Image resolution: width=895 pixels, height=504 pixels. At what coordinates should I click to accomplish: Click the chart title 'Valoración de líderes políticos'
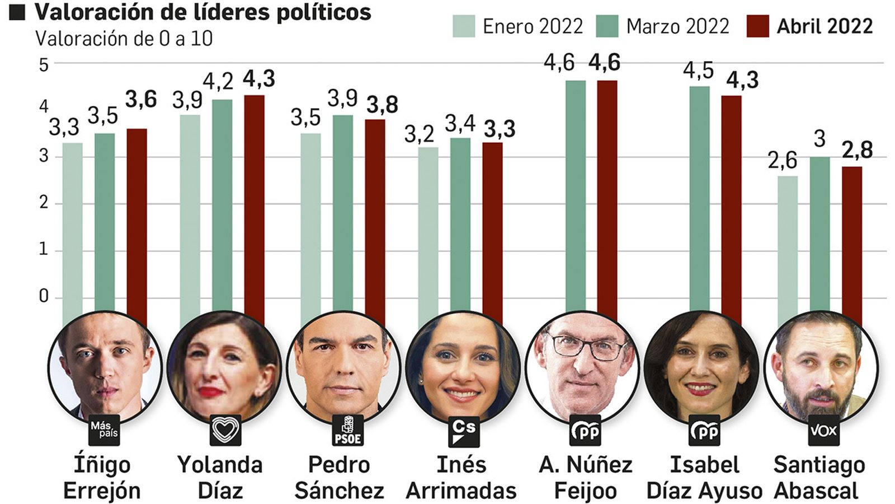202,12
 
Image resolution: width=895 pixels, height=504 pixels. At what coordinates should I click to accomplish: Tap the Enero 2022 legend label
532,26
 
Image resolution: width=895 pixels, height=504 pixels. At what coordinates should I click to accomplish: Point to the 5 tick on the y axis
44,65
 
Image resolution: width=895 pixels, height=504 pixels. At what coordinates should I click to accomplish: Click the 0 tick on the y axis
44,296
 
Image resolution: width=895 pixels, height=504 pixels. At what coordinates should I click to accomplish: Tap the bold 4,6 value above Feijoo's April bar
604,63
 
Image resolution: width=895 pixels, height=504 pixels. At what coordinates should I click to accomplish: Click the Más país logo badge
104,431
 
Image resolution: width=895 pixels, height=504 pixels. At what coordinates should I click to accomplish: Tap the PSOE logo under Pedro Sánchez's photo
347,431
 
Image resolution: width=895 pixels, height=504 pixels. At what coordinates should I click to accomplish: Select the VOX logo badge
823,430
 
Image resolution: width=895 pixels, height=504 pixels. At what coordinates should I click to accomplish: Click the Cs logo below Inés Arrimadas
464,431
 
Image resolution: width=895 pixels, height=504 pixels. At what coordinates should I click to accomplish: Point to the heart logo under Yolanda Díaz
225,430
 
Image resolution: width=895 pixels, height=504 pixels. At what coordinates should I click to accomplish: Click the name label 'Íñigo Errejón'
102,478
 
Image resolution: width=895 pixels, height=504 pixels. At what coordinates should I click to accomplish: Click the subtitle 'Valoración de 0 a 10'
124,39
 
